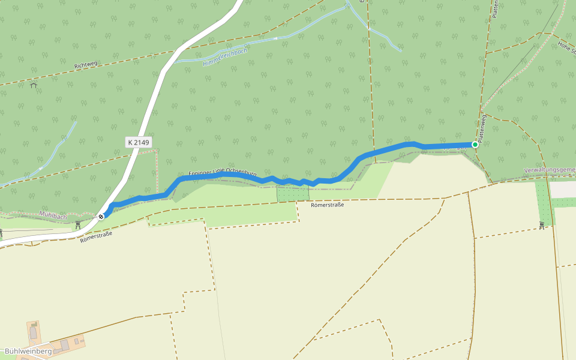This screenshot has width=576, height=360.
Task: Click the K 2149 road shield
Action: coord(139,142)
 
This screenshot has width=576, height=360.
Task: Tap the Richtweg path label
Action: coord(86,64)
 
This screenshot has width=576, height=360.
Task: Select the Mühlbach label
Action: coord(53,215)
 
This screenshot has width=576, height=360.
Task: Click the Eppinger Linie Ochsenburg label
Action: coord(223,173)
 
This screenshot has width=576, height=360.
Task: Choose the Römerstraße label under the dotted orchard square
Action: coord(327,205)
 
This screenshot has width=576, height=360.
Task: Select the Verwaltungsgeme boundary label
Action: coord(549,170)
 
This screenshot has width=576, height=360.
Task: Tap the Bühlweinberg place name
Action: coord(28,351)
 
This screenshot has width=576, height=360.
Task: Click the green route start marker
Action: coord(475,144)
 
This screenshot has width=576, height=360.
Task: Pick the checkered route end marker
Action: coord(101,216)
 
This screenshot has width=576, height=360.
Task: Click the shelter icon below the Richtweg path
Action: coord(33,85)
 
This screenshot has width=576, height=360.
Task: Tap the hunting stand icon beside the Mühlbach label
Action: coord(78,224)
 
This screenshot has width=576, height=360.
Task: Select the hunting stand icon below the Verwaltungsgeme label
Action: coord(542,225)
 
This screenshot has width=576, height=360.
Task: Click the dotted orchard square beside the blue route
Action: coord(293,193)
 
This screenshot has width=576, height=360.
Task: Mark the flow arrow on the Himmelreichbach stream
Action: coord(275,38)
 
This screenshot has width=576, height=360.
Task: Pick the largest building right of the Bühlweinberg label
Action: coord(65,345)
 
